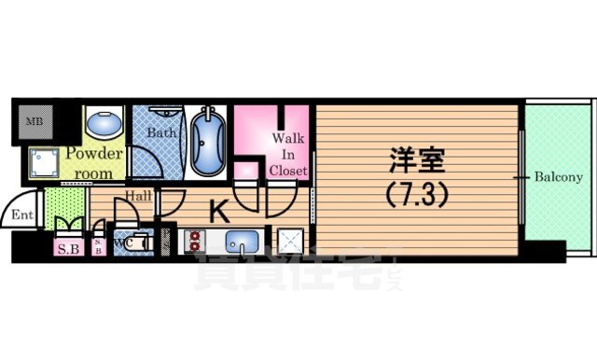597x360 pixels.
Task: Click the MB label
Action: click(34, 121)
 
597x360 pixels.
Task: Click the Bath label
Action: click(161, 132)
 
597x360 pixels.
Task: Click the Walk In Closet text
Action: click(288, 154)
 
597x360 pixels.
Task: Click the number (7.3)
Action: click(414, 197)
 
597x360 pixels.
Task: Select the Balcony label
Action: click(558, 176)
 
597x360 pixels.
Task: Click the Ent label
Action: click(22, 216)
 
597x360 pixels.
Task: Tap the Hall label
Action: click(140, 196)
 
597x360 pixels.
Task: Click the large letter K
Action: click(218, 213)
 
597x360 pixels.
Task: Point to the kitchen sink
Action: click(242, 240)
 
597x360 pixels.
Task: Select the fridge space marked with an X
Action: click(288, 241)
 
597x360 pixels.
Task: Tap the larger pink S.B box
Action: click(68, 248)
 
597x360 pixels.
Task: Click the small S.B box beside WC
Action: click(99, 247)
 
